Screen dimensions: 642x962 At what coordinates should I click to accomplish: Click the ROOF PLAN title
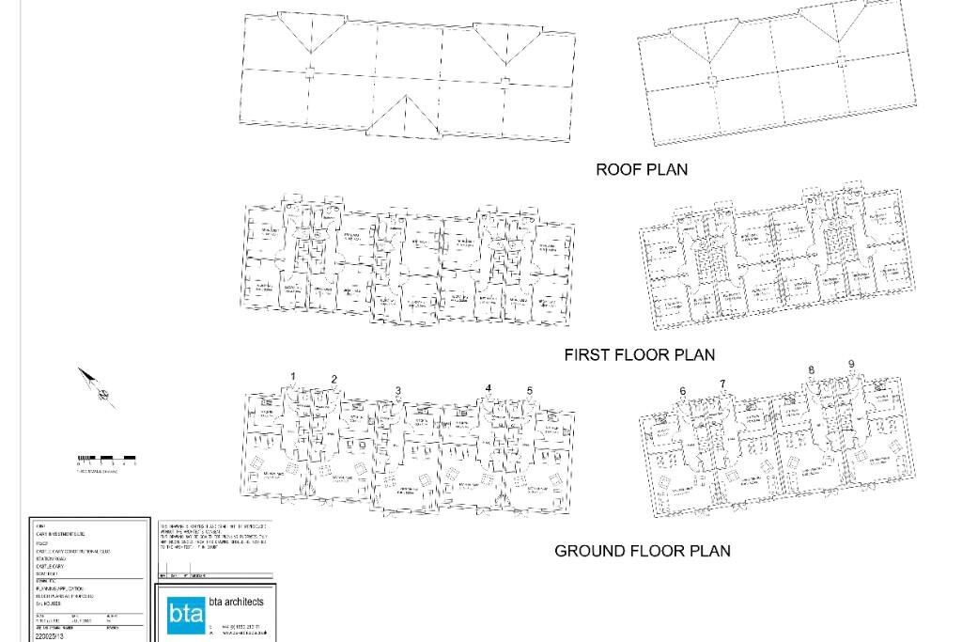coord(642,170)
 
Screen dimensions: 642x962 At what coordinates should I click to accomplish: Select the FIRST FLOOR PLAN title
coord(639,355)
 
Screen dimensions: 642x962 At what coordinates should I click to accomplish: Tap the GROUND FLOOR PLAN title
coord(642,552)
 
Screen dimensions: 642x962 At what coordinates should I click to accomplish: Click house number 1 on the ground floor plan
coord(293,377)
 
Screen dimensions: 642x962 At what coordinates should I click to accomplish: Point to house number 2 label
coord(334,380)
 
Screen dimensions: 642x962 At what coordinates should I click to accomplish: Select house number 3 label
coord(398,391)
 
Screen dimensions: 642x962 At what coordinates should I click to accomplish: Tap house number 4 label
coord(489,388)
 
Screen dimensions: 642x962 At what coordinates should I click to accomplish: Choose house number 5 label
coord(530,391)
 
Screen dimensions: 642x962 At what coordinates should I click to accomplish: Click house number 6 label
coord(683,391)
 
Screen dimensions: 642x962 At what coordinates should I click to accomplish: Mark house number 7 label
coord(722,384)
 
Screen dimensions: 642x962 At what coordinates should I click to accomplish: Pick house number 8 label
coord(812,370)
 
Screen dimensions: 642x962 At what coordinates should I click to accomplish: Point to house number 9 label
coord(851,365)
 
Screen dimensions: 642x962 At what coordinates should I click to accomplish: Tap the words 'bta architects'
coord(236,602)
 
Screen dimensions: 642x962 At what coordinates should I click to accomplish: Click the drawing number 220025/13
coord(49,636)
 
